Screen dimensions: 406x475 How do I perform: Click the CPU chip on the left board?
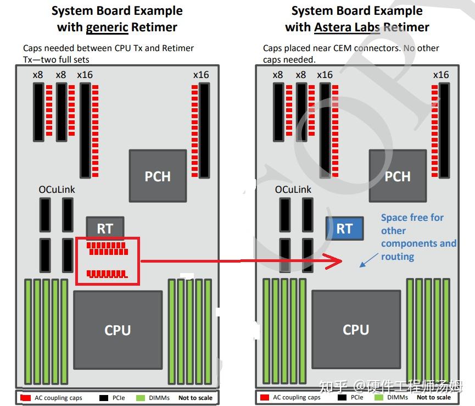118,330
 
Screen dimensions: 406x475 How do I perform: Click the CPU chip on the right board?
356,329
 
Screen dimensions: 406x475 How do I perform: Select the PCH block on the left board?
157,176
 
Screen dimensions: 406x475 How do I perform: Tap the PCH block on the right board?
397,176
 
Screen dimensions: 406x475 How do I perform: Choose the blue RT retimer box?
344,228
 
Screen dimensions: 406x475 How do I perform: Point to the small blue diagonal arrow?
369,260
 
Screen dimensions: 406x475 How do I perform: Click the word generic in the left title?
107,27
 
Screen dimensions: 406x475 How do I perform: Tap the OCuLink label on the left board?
57,189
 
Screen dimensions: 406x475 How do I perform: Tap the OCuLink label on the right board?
293,189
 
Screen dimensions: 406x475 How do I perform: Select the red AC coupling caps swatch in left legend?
25,397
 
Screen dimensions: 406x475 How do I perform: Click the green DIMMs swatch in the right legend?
379,397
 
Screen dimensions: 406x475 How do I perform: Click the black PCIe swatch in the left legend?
104,397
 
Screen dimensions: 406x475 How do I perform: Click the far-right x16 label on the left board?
201,75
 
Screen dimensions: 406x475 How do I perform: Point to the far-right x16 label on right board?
440,75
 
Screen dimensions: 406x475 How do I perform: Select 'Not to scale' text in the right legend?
433,397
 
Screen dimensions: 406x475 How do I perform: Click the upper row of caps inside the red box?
107,248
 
